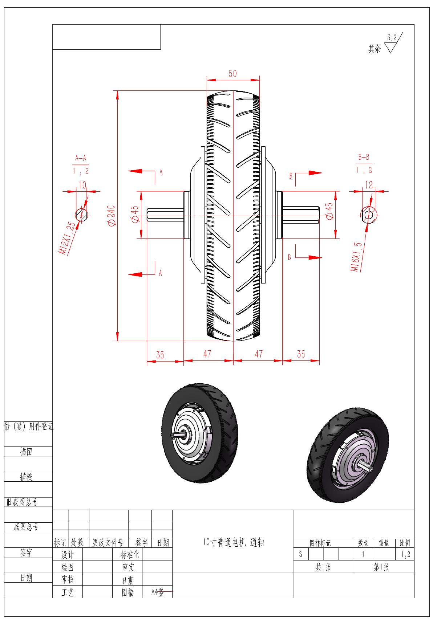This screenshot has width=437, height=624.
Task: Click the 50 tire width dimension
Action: [232, 73]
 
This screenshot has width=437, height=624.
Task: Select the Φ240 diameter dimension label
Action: [111, 216]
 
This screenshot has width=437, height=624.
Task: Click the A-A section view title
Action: [81, 158]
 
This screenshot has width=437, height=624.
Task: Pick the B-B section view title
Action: [364, 157]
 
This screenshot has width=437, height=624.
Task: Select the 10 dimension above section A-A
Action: [82, 185]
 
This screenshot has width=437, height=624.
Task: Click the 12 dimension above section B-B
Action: [369, 185]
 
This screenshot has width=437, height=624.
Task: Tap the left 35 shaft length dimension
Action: [160, 355]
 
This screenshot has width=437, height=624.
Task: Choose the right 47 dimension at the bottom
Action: [258, 354]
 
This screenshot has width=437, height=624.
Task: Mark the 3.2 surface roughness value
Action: [392, 37]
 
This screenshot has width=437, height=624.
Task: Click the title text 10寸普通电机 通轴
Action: [233, 542]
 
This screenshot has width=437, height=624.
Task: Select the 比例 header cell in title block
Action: [405, 543]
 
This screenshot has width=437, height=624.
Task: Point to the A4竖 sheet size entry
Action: [158, 592]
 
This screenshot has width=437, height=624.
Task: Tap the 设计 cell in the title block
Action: [68, 555]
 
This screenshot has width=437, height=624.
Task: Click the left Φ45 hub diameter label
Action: [134, 214]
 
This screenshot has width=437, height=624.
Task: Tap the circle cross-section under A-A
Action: [81, 214]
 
